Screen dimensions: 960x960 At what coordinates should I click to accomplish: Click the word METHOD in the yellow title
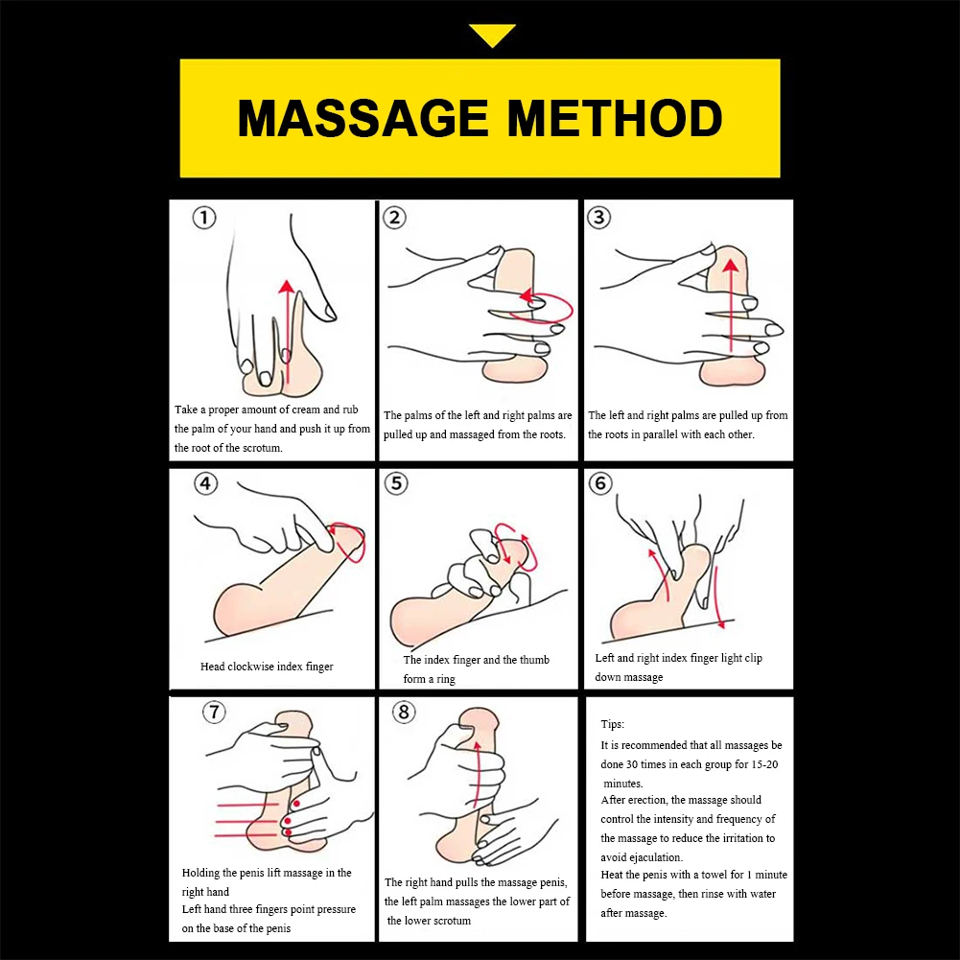click(615, 119)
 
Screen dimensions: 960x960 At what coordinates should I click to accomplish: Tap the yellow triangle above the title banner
click(493, 36)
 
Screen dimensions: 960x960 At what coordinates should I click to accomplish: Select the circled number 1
click(204, 219)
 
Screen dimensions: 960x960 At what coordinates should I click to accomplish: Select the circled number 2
click(394, 218)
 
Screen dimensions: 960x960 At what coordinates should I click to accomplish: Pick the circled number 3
click(599, 218)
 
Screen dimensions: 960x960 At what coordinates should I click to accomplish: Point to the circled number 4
click(206, 484)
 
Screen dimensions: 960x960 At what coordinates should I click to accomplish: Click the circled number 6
click(600, 484)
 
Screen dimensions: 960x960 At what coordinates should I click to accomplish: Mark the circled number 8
click(404, 713)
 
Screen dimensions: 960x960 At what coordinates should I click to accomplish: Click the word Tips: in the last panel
click(613, 724)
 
